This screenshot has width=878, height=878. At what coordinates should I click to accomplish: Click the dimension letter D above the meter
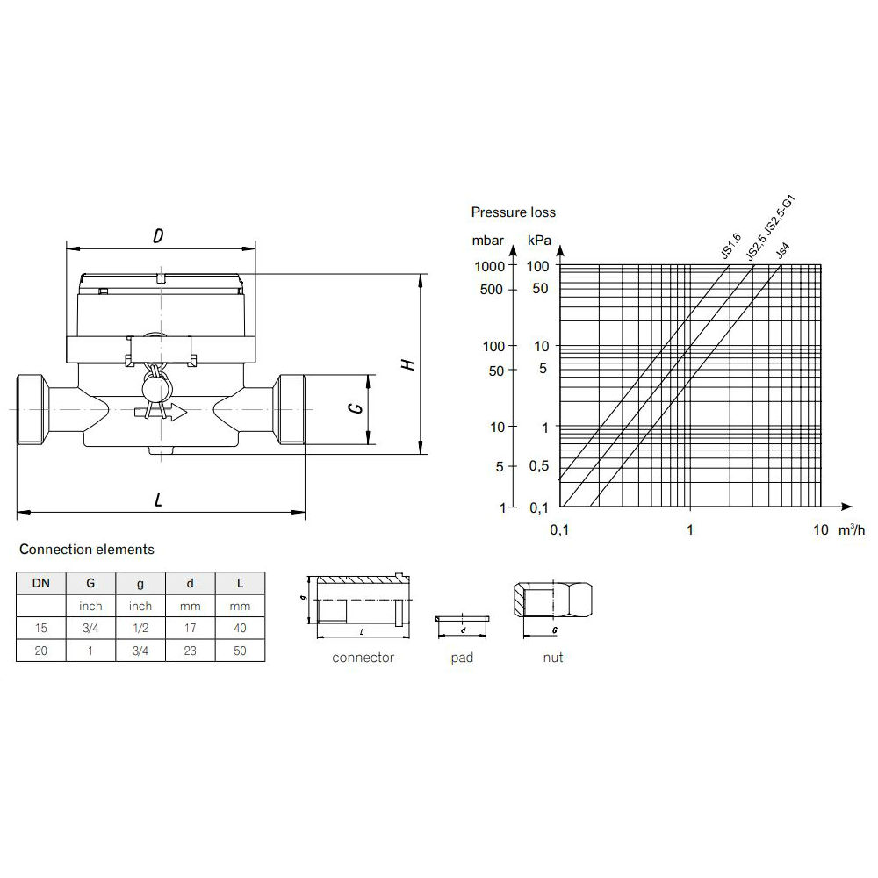coord(158,235)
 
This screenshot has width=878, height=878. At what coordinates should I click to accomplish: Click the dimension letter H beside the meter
coord(409,364)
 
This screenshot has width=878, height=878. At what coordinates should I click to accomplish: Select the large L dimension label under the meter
coord(158,500)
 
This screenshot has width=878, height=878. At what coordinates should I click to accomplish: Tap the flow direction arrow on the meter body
coord(161,413)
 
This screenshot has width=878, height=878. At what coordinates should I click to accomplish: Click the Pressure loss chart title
coord(513,212)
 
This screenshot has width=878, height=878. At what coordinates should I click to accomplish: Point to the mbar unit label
coord(487,241)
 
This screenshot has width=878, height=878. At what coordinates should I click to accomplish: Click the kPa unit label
coord(539,241)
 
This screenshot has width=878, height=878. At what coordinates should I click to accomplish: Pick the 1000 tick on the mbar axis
coord(489,267)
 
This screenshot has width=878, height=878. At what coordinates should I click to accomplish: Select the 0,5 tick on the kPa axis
coord(539,466)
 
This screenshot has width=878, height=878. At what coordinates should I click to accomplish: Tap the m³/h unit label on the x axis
coord(851,529)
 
